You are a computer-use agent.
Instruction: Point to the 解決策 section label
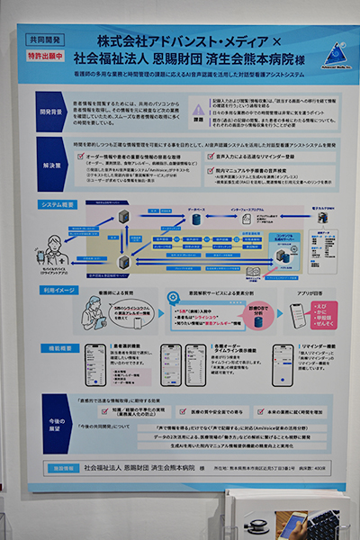pos(50,166)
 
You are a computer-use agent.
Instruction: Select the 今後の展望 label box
pos(51,420)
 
